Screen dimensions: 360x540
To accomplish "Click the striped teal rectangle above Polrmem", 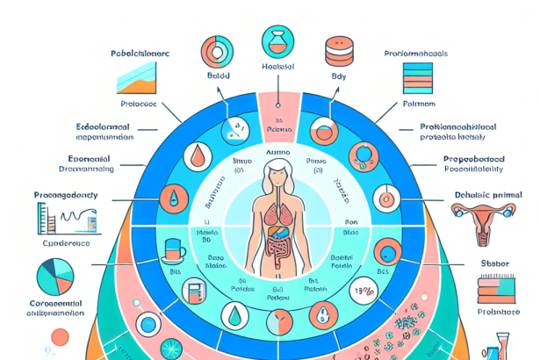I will click(x=416, y=82).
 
